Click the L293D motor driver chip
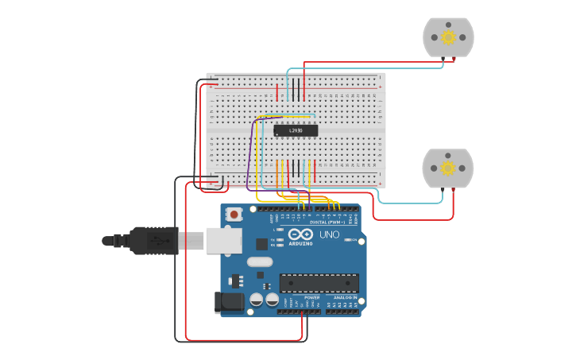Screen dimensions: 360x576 pos(296,130)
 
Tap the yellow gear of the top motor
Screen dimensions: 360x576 pos(448,37)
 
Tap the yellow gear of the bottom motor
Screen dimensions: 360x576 pos(447,168)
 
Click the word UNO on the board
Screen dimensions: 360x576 pos(329,234)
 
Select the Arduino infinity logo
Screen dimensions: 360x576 pos(300,234)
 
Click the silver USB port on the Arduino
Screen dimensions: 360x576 pos(223,240)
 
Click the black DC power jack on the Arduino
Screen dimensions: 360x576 pos(231,303)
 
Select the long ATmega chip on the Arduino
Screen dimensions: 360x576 pos(319,283)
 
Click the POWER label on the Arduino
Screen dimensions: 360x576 pos(312,297)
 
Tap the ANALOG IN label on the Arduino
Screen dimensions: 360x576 pos(343,297)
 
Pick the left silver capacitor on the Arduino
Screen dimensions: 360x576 pos(257,300)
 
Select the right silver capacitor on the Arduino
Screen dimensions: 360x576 pos(273,300)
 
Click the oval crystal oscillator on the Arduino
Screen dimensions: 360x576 pos(259,261)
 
